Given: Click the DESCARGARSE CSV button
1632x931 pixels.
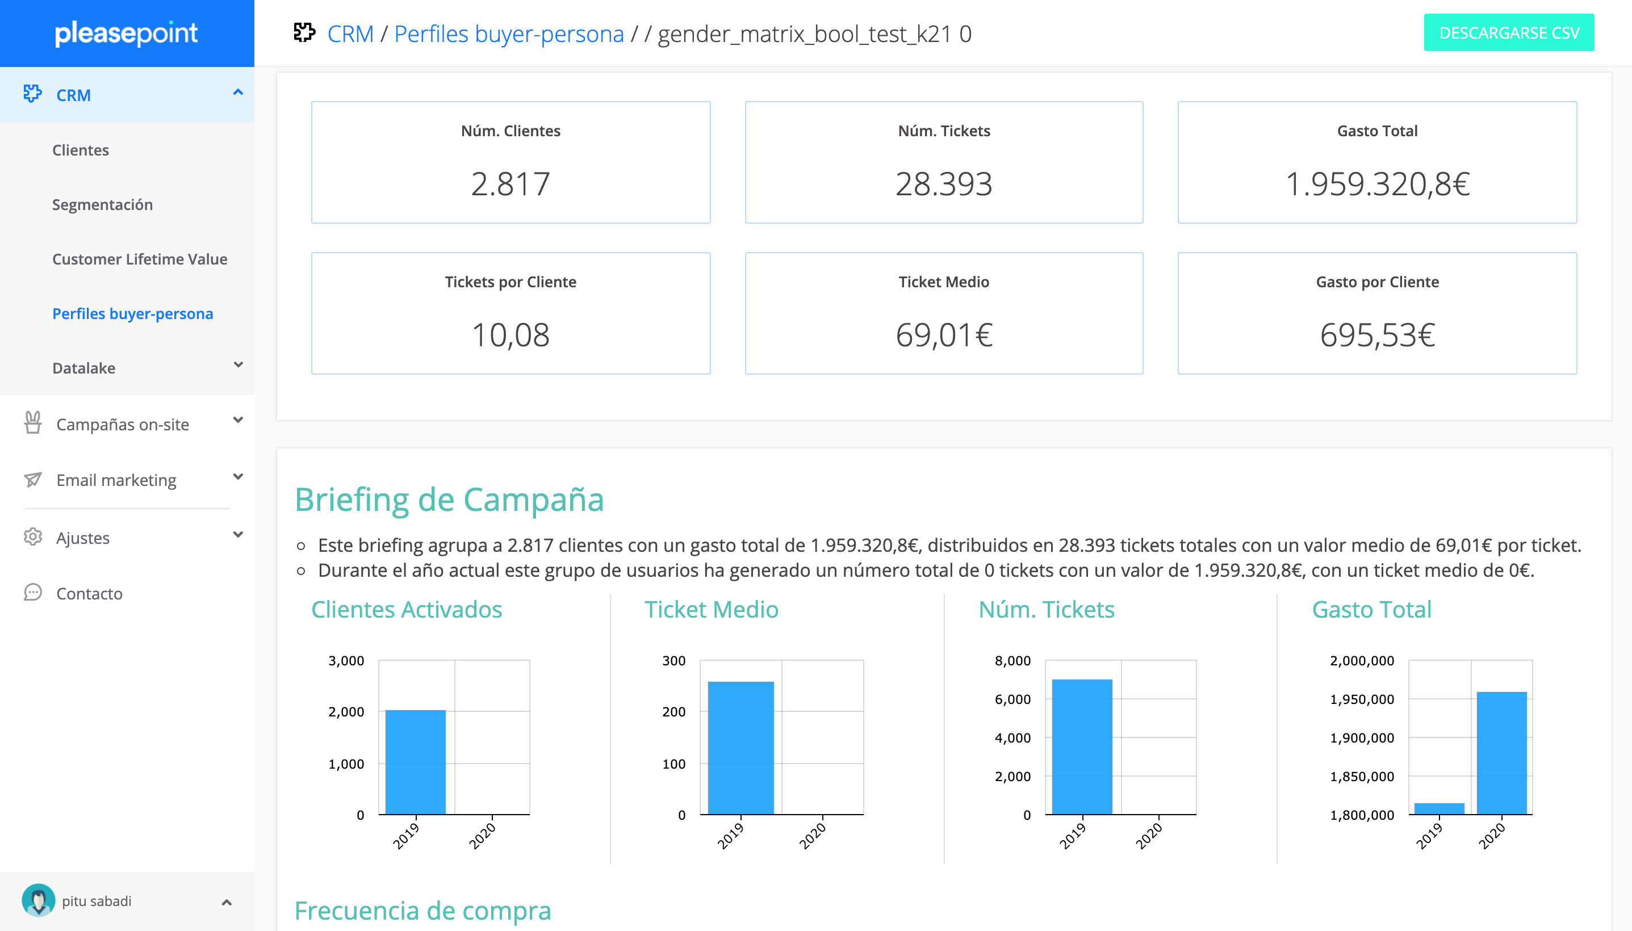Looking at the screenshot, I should click(1508, 32).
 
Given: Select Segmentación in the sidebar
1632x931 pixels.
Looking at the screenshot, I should click(102, 204).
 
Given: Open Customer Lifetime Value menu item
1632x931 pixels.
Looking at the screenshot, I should click(140, 259).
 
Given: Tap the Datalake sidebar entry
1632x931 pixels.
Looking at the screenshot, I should click(84, 368).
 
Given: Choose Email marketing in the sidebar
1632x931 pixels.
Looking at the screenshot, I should click(116, 480).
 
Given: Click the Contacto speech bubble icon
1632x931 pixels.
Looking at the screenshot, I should click(32, 593).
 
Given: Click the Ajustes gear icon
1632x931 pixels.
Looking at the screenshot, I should click(32, 537).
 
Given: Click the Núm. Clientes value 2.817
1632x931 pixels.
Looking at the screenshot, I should click(510, 184).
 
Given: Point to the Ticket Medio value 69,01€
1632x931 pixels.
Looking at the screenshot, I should click(943, 335).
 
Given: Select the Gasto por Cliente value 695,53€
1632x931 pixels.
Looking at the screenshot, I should click(1377, 335).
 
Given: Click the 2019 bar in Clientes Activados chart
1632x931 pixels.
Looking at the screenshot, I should click(416, 762).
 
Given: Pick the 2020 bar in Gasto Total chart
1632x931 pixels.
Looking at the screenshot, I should click(1501, 753).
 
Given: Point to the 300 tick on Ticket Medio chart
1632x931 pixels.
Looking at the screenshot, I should click(673, 661).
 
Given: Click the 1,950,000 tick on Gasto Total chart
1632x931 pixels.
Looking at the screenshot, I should click(1362, 699).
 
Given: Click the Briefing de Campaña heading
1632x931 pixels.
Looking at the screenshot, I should click(449, 500).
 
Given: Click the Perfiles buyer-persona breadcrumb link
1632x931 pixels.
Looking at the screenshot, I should click(508, 34).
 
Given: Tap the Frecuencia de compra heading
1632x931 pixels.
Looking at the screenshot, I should click(422, 911).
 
